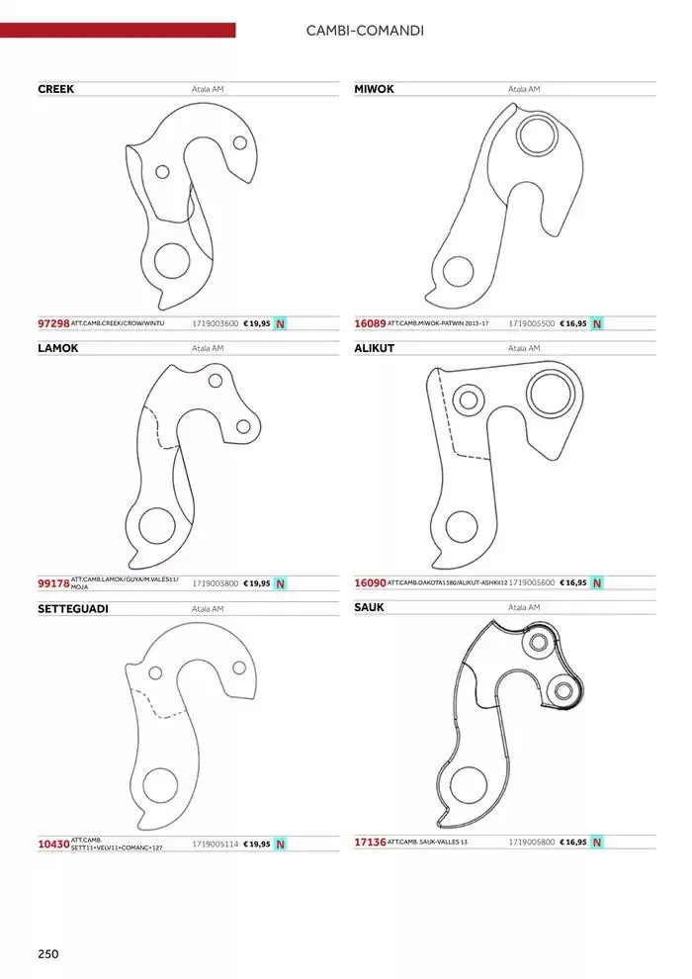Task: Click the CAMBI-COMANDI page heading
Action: click(366, 31)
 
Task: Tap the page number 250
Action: click(48, 953)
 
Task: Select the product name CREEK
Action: click(55, 89)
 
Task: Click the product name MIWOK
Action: click(374, 89)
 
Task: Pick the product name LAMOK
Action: click(57, 348)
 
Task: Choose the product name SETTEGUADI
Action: click(72, 608)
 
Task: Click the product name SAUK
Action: click(369, 607)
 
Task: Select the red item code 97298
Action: click(53, 323)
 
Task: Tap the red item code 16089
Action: click(370, 323)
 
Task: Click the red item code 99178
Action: click(53, 583)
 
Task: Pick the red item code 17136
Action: click(370, 843)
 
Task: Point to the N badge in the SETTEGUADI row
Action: click(280, 844)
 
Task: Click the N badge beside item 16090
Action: click(596, 583)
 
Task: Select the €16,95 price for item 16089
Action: click(573, 323)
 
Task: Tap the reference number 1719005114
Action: click(216, 844)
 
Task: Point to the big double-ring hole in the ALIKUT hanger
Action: click(551, 393)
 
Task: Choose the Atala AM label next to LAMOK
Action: click(208, 348)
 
